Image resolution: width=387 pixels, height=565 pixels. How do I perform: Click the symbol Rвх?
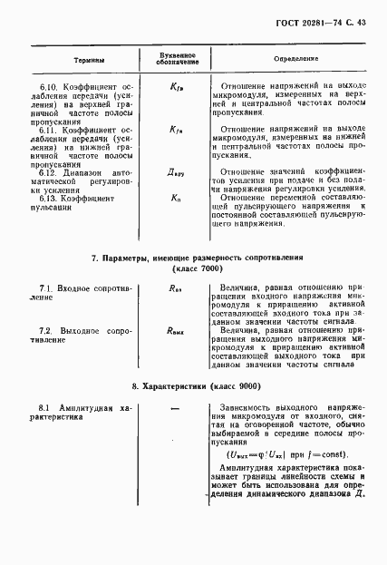[x=176, y=287]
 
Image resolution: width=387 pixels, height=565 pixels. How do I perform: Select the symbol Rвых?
[x=176, y=331]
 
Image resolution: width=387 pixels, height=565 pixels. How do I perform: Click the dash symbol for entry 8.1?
[x=176, y=410]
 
